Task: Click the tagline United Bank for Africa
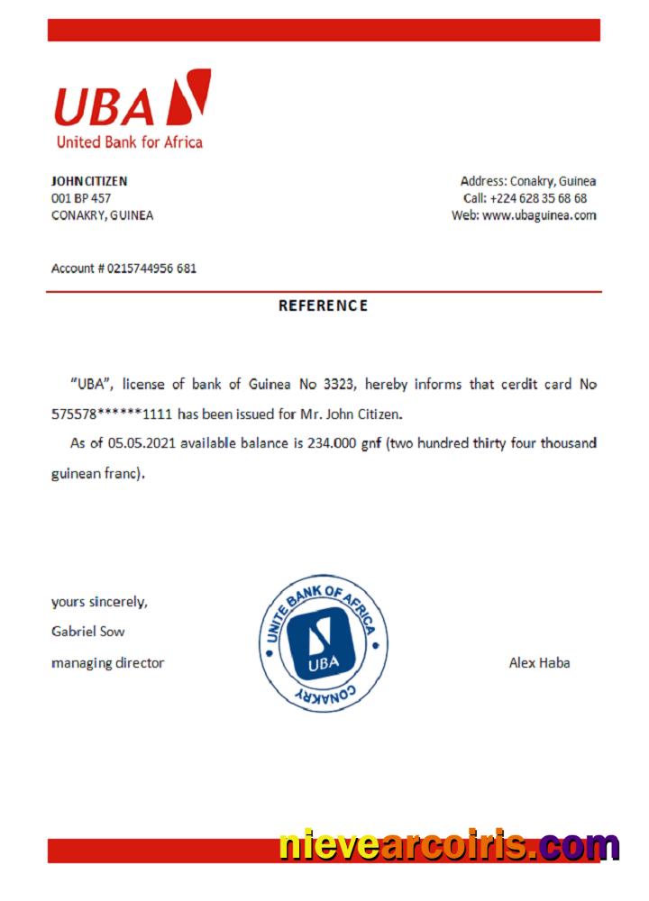[129, 142]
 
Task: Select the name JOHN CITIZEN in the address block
[89, 181]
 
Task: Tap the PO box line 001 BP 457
[81, 198]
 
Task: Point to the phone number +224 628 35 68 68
[538, 198]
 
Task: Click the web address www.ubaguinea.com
[539, 215]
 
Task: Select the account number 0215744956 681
[151, 268]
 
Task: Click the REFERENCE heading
[323, 305]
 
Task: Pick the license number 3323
[338, 385]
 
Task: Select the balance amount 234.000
[332, 443]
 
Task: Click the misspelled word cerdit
[516, 385]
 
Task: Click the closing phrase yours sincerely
[99, 602]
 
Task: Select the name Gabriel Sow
[87, 632]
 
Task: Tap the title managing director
[107, 663]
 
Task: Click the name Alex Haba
[539, 663]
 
